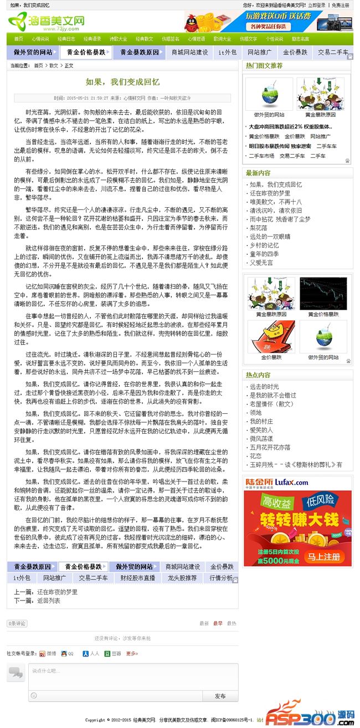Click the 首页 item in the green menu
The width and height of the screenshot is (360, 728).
19,39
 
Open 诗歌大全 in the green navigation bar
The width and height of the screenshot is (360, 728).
118,39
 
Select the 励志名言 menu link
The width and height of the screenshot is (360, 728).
300,39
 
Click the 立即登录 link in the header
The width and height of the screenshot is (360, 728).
317,5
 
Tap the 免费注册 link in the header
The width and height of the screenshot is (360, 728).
341,5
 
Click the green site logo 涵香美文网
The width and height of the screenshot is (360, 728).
47,22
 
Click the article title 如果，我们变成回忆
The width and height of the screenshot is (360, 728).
122,82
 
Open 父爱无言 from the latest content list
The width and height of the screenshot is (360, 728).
261,263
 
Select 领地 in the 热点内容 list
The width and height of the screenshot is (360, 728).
255,413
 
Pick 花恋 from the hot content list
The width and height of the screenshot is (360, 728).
255,456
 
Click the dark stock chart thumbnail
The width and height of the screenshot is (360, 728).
323,294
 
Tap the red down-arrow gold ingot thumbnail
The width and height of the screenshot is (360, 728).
271,337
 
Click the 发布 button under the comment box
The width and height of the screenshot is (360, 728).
220,696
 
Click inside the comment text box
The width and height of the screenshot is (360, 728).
133,676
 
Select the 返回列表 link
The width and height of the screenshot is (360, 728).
49,601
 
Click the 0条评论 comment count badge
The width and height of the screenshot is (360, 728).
17,623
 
